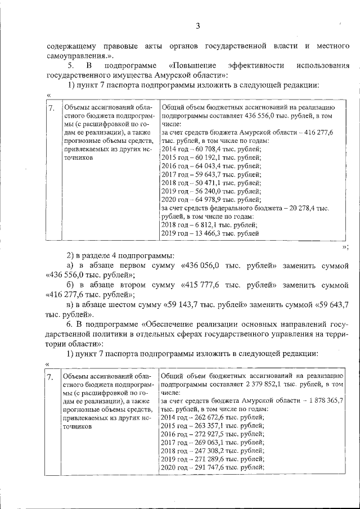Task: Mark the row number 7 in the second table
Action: coord(51,376)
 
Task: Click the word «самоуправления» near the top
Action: coord(74,56)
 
